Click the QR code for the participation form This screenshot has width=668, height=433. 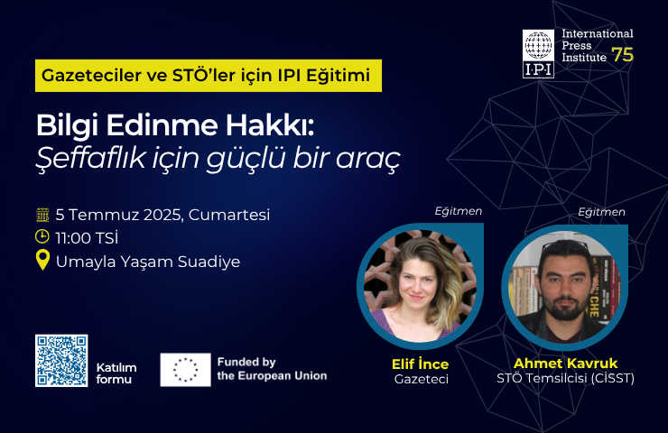tap(61, 361)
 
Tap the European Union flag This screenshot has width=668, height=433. tap(185, 370)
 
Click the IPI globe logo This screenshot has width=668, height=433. tap(539, 53)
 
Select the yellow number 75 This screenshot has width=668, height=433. tap(623, 54)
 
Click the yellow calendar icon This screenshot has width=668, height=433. tap(42, 215)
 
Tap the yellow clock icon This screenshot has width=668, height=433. tap(42, 236)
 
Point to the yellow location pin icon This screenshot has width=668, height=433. tap(42, 260)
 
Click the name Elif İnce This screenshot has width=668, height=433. tap(420, 364)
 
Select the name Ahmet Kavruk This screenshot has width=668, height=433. tap(565, 364)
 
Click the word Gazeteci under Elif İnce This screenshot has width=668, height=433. tap(422, 379)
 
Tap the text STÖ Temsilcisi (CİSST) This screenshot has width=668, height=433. tap(565, 378)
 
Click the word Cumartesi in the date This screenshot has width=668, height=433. tap(229, 215)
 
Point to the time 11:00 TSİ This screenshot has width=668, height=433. tap(87, 238)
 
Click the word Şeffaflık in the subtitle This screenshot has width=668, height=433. tap(91, 159)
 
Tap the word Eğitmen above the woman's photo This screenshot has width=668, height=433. tap(459, 211)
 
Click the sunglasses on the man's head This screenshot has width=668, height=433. tap(565, 246)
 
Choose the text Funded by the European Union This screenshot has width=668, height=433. tap(272, 369)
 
